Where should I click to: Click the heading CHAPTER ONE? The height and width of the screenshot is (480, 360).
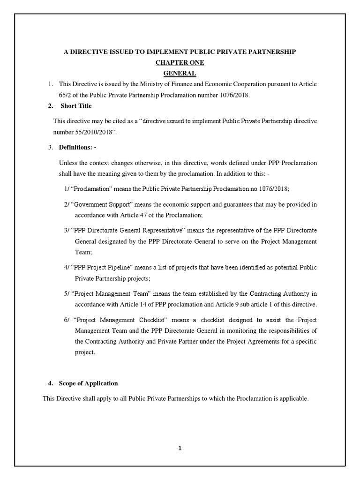point(180,62)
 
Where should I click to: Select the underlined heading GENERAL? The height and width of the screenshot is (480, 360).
point(180,74)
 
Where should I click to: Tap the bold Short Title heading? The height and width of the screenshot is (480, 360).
point(76,106)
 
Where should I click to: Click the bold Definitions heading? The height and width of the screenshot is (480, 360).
point(78,148)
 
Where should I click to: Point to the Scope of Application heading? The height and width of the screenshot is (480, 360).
point(88,383)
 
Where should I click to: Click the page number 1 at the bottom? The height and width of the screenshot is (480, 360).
point(180,448)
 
